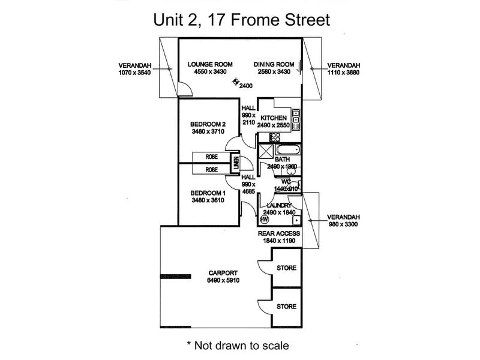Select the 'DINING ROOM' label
pos(274,64)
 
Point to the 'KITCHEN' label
pos(274,118)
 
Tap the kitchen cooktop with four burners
pos(296,113)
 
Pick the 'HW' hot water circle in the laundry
pos(263,219)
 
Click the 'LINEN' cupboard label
pos(237,162)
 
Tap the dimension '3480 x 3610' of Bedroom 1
pos(208,200)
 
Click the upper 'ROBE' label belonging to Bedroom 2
pos(212,158)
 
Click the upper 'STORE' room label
pos(286,268)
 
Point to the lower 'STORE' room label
pos(286,307)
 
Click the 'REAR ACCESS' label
pos(279,233)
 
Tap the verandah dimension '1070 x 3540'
pos(135,73)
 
